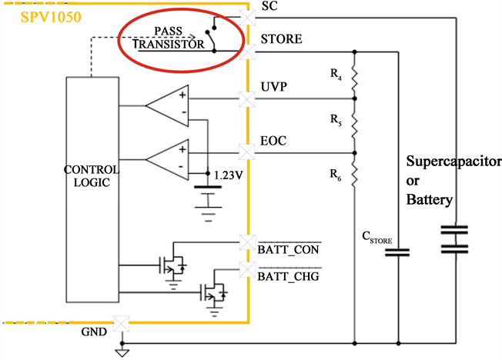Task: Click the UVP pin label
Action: pyautogui.click(x=274, y=86)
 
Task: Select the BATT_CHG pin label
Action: pyautogui.click(x=288, y=276)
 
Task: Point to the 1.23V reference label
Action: pyautogui.click(x=228, y=175)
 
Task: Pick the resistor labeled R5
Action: pyautogui.click(x=354, y=124)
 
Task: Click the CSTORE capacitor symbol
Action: pyautogui.click(x=399, y=252)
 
